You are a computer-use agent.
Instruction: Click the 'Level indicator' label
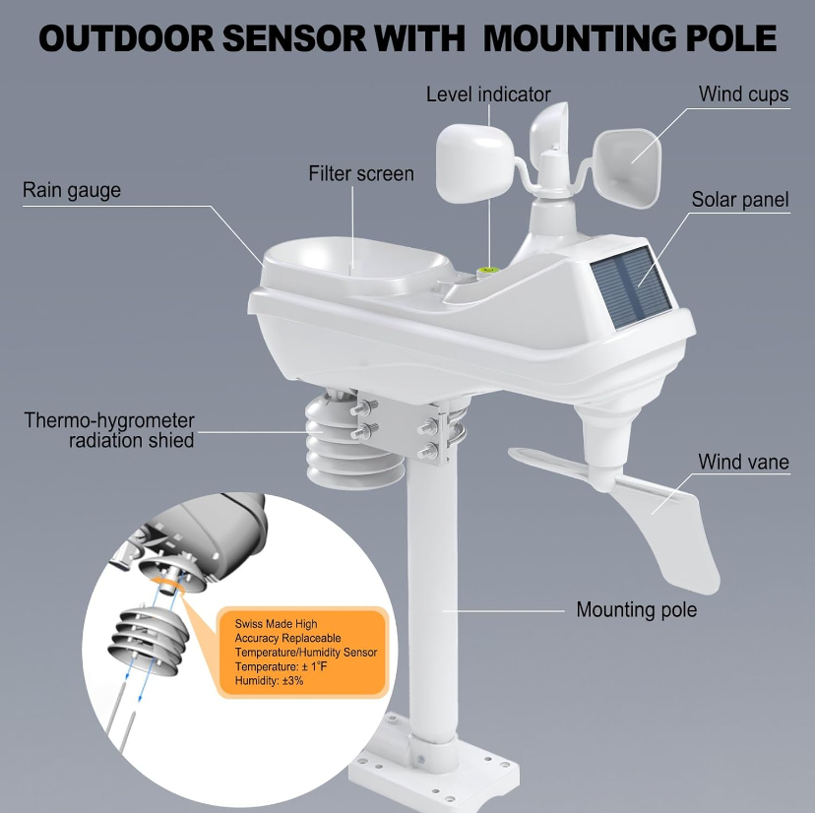pyautogui.click(x=488, y=94)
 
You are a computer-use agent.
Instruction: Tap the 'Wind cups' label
pyautogui.click(x=743, y=94)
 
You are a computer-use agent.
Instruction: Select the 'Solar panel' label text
pyautogui.click(x=740, y=200)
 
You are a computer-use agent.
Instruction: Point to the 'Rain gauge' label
pyautogui.click(x=72, y=190)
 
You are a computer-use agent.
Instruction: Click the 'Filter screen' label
pyautogui.click(x=361, y=174)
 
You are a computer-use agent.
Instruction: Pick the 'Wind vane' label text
pyautogui.click(x=743, y=462)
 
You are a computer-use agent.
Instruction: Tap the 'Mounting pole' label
pyautogui.click(x=636, y=609)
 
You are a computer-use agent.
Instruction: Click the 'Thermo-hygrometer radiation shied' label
pyautogui.click(x=109, y=430)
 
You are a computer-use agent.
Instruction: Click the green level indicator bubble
pyautogui.click(x=486, y=267)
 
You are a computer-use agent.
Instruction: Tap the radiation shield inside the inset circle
pyautogui.click(x=149, y=634)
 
